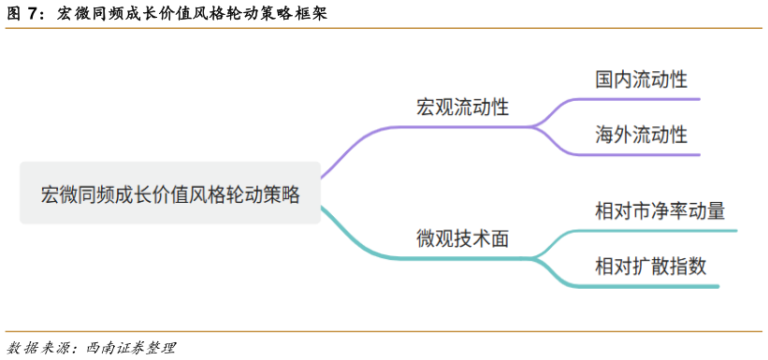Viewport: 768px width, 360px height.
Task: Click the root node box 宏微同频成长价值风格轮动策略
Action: [169, 194]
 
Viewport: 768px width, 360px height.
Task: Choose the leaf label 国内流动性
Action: [641, 79]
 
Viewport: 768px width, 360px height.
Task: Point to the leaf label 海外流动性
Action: [641, 135]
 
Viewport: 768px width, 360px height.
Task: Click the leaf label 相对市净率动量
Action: [659, 210]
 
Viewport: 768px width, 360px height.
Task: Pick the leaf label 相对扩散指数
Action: [650, 266]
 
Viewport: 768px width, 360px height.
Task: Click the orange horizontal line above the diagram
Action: [384, 28]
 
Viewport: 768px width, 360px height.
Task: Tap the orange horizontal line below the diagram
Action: [384, 330]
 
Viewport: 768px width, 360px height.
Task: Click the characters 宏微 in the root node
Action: [57, 194]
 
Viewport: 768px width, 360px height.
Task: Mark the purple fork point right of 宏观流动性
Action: [534, 125]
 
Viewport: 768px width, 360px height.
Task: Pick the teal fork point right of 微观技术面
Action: [536, 256]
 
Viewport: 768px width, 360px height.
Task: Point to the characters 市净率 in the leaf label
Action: [659, 210]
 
